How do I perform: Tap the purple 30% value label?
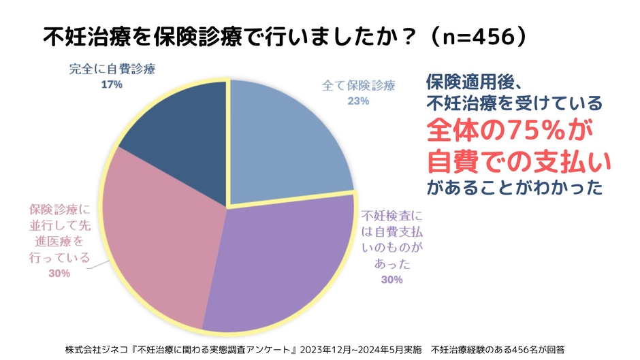pos(392,279)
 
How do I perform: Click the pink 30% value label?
pos(60,273)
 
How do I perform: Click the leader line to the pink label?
pos(99,262)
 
